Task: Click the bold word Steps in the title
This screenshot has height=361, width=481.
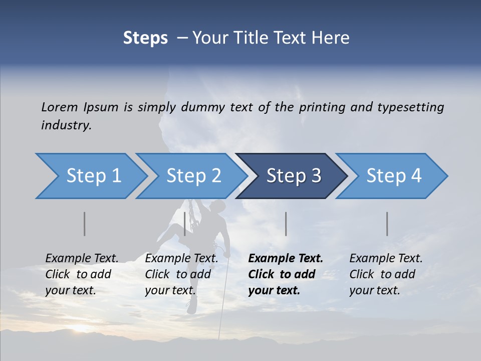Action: [x=145, y=38]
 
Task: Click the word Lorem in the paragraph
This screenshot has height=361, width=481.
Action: [x=59, y=107]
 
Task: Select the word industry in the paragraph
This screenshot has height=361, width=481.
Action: [x=66, y=125]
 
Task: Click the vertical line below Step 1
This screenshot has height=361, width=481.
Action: [x=84, y=224]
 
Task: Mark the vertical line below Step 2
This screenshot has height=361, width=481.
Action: [x=185, y=224]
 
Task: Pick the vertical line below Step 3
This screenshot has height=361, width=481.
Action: [x=286, y=224]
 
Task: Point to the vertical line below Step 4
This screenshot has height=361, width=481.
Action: [x=387, y=224]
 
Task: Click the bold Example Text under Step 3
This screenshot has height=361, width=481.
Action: [x=286, y=259]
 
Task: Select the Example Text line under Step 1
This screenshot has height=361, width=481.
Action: [x=82, y=259]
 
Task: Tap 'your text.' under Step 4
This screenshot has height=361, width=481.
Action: [x=374, y=290]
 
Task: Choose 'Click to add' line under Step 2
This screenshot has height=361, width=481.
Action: [x=178, y=275]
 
